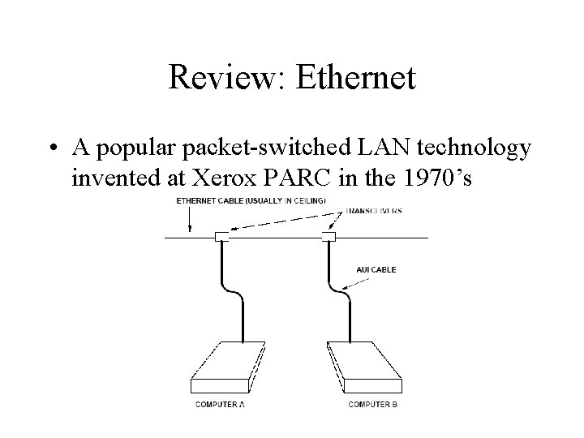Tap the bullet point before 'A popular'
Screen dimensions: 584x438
tap(53, 148)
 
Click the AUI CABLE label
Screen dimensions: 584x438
tap(376, 270)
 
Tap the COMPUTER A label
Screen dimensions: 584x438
tap(219, 404)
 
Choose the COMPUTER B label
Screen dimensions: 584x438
tap(372, 404)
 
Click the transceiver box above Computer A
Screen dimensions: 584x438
tap(222, 238)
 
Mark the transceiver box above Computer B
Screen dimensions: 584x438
tap(328, 238)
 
